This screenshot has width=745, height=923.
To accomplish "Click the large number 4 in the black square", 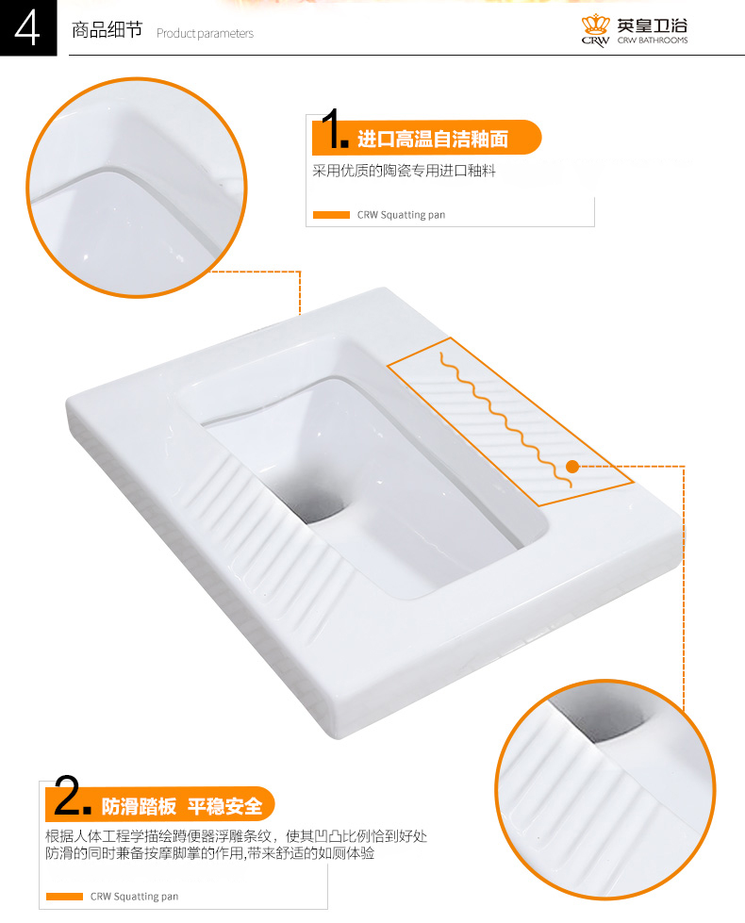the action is click(x=27, y=29).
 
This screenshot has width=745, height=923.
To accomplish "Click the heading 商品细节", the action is click(x=107, y=29).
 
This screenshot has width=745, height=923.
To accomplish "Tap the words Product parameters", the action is click(x=205, y=34).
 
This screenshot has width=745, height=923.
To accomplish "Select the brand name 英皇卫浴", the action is click(x=652, y=25).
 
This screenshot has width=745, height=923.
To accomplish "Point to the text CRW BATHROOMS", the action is click(x=653, y=40).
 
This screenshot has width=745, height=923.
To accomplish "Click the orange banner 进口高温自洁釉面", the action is click(x=426, y=138).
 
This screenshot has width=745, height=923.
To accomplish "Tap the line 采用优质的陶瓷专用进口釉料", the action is click(x=404, y=171).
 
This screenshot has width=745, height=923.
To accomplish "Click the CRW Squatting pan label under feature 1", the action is click(x=401, y=215).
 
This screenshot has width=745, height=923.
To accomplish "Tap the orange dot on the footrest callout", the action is click(x=571, y=467).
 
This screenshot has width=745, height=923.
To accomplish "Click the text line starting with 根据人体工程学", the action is click(x=236, y=836).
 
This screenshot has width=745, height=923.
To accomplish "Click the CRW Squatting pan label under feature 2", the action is click(x=134, y=897).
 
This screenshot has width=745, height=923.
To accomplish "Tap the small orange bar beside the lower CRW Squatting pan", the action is click(x=64, y=897).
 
